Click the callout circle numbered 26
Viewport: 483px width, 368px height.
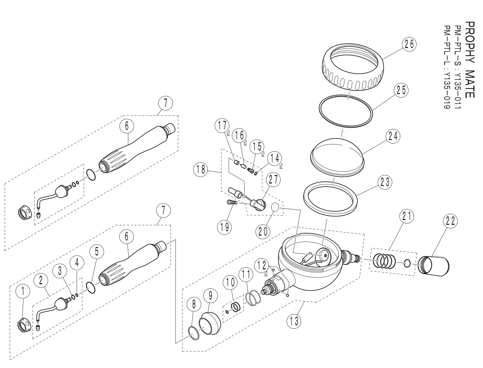409,44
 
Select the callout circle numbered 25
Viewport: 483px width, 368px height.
401,90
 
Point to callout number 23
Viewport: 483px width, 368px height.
385,182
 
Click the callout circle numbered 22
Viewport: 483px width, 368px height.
451,222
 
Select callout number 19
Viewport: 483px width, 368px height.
224,227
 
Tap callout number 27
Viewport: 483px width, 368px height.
273,180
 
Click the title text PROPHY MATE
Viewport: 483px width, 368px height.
470,59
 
